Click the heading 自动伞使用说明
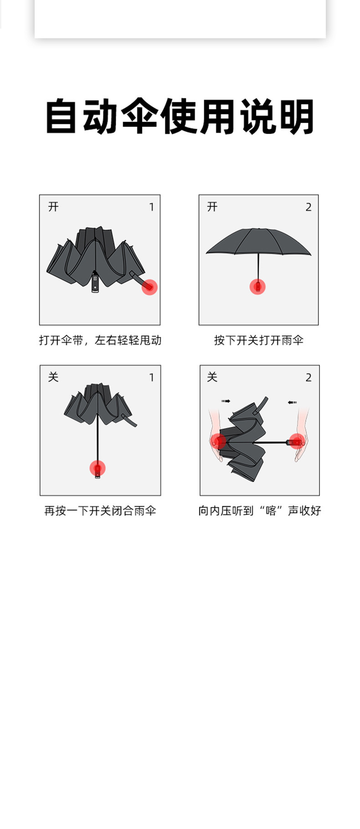(180, 116)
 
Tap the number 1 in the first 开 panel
(152, 207)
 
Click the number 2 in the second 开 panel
(309, 207)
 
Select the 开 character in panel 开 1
(53, 207)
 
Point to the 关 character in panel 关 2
(212, 377)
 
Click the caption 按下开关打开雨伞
(258, 340)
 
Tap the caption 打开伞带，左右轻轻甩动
(100, 340)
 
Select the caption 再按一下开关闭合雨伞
(100, 510)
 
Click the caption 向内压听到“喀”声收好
(259, 510)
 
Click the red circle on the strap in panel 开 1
(149, 287)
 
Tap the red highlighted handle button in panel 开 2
(257, 287)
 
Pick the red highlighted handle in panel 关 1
(98, 468)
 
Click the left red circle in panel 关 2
(219, 441)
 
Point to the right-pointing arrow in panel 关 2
(226, 401)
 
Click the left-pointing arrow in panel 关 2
(292, 402)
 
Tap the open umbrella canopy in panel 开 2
(258, 242)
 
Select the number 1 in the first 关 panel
(152, 377)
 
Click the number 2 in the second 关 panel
(309, 377)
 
